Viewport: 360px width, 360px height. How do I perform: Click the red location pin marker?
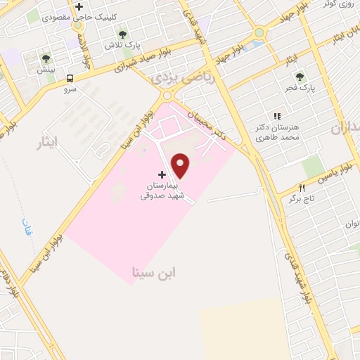(x=181, y=165)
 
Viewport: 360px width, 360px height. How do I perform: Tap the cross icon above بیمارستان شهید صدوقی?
(x=162, y=174)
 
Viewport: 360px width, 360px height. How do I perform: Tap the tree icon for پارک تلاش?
(x=123, y=34)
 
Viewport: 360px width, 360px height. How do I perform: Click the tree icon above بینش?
(x=46, y=59)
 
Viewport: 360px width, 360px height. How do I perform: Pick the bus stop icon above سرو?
(x=70, y=79)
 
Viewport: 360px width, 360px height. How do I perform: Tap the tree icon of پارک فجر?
(x=300, y=77)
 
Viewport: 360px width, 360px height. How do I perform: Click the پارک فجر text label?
(x=302, y=89)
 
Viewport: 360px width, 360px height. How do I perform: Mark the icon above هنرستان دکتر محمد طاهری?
(x=276, y=116)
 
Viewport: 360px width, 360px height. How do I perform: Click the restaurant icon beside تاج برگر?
(x=302, y=188)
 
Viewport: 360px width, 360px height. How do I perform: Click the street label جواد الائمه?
(x=84, y=49)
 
